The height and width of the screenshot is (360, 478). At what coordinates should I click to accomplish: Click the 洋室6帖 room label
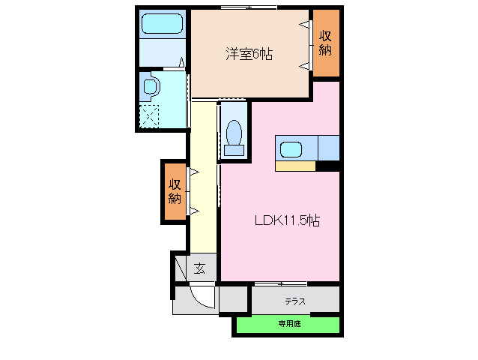pyautogui.click(x=249, y=53)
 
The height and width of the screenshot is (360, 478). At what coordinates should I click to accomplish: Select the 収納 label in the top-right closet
pyautogui.click(x=325, y=42)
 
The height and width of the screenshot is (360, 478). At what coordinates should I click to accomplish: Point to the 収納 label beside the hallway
pyautogui.click(x=174, y=191)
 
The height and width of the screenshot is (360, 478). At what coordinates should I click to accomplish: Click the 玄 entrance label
pyautogui.click(x=199, y=268)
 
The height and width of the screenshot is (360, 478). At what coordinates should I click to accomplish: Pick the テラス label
pyautogui.click(x=294, y=301)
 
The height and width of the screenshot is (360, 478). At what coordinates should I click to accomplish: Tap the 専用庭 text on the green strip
pyautogui.click(x=288, y=324)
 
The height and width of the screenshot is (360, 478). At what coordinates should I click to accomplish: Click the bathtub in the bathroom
pyautogui.click(x=163, y=24)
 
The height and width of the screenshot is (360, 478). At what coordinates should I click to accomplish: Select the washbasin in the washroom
pyautogui.click(x=149, y=86)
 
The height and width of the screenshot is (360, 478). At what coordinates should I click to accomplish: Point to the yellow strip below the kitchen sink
pyautogui.click(x=295, y=166)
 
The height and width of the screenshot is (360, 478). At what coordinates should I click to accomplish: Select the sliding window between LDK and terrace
pyautogui.click(x=280, y=284)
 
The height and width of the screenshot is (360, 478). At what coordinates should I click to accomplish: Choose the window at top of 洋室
pyautogui.click(x=246, y=8)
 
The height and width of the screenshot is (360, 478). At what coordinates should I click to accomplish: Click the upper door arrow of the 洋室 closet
pyautogui.click(x=305, y=25)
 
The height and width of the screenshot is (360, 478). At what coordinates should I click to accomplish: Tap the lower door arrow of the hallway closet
pyautogui.click(x=193, y=209)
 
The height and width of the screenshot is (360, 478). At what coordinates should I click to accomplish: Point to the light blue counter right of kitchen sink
pyautogui.click(x=328, y=147)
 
